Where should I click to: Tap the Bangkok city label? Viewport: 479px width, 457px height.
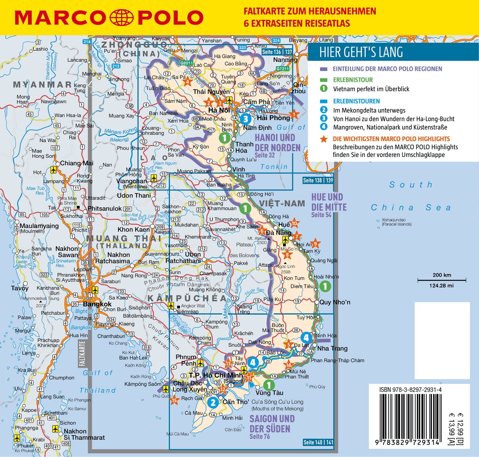coord(97,304)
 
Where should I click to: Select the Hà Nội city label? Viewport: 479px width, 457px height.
coord(219,110)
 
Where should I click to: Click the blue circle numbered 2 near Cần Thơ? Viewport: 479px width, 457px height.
coord(213,402)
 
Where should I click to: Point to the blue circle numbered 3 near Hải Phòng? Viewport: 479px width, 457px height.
coord(245,119)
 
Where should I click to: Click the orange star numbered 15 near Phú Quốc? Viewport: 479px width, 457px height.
coord(174,400)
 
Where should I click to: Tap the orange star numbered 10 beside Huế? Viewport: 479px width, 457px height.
coord(294,223)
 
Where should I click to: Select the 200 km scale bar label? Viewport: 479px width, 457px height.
coord(442,275)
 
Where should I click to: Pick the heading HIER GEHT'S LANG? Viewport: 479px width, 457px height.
coord(361,52)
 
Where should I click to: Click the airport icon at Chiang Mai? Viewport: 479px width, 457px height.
coord(54,170)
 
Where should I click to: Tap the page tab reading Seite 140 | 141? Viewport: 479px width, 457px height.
coord(318,442)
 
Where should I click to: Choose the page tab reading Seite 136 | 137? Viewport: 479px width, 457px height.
coord(277,52)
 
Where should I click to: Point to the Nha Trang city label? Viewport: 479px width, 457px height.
coord(332,348)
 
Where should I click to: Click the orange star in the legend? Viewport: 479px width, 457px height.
coord(324,139)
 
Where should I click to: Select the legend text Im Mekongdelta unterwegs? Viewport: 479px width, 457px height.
coord(369,110)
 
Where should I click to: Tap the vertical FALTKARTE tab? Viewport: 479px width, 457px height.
coord(82,354)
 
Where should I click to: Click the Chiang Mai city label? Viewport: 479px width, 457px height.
coord(77,163)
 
